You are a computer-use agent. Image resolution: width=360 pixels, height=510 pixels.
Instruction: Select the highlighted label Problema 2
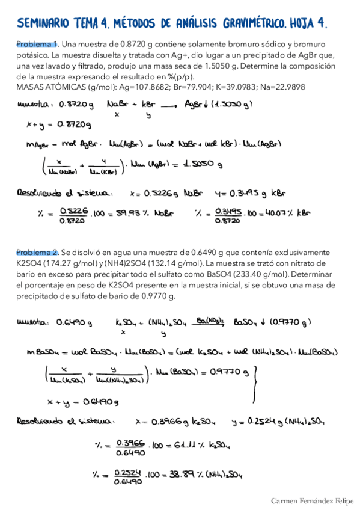pyautogui.click(x=37, y=252)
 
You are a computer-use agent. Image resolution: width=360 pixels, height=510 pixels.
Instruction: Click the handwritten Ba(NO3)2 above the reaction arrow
pyautogui.click(x=211, y=321)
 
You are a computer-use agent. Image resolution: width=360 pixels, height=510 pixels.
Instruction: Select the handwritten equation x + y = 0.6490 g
pyautogui.click(x=84, y=401)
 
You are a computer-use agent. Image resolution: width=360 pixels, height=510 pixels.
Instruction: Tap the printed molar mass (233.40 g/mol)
pyautogui.click(x=263, y=273)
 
